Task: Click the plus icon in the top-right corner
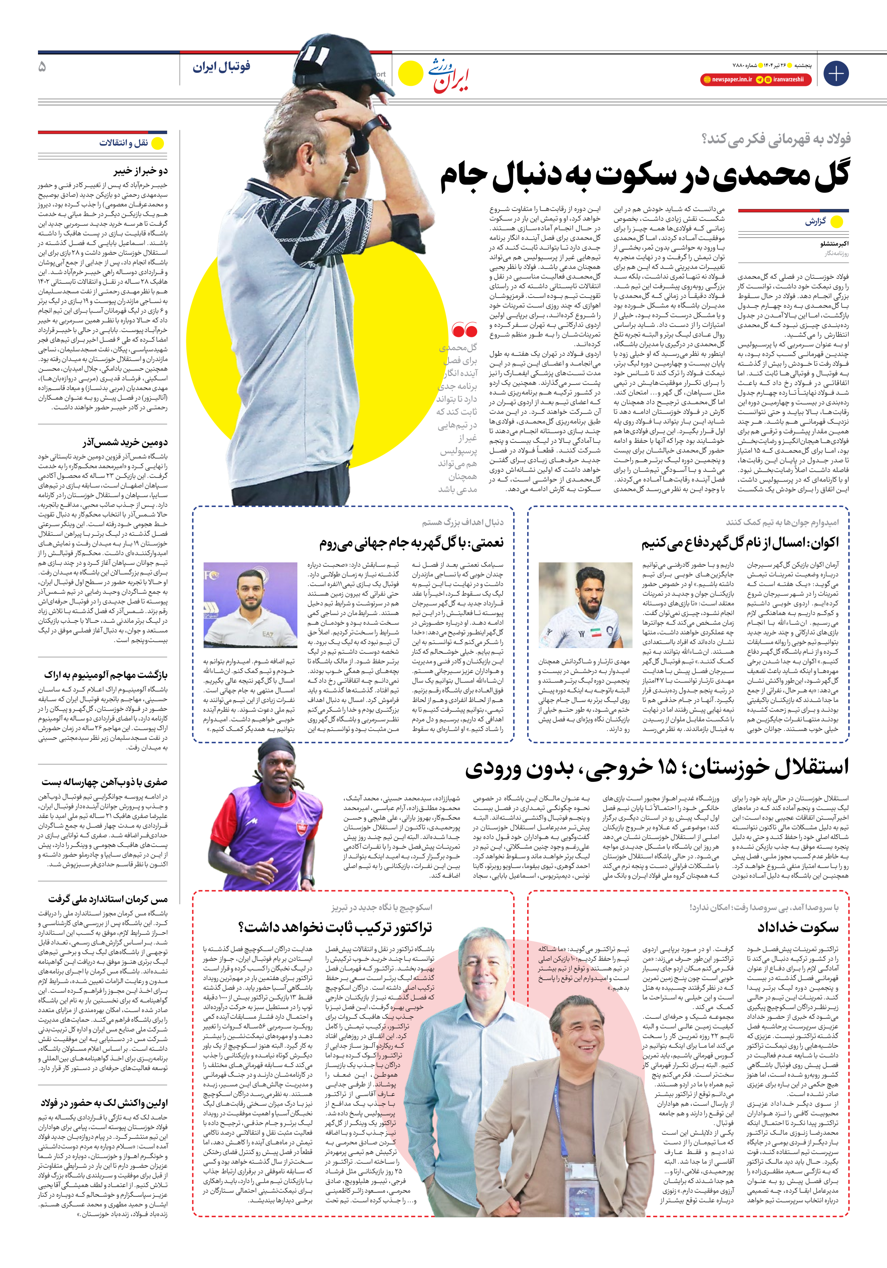pos(836,74)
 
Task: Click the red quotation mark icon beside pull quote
pos(464,330)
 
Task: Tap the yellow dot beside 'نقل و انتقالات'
pos(158,143)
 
